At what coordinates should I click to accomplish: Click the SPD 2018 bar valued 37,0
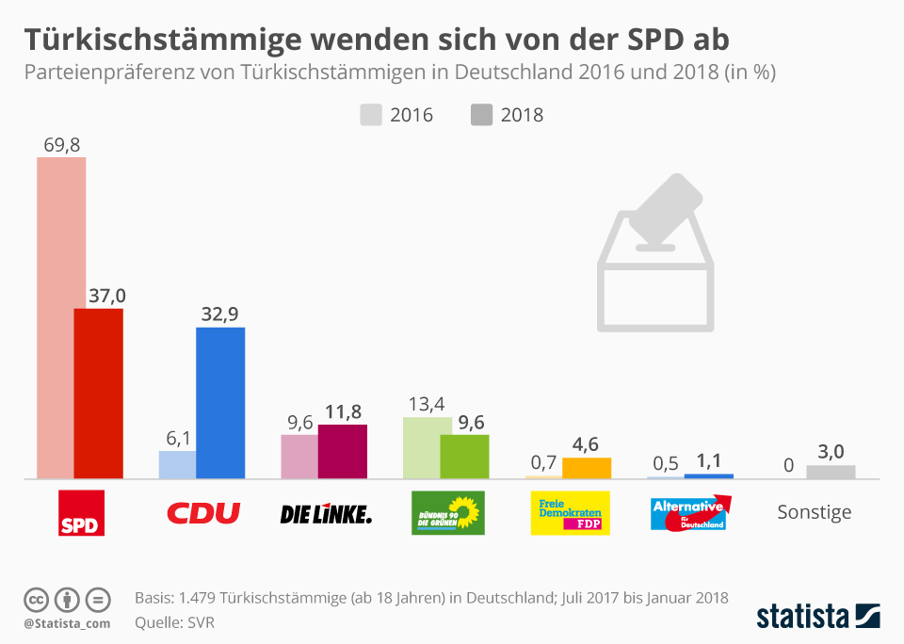(99, 394)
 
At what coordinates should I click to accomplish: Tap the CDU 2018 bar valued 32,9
(220, 403)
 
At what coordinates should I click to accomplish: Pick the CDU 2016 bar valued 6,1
(177, 465)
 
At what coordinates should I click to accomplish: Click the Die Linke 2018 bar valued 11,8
(343, 452)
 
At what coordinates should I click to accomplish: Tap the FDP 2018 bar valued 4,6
(587, 469)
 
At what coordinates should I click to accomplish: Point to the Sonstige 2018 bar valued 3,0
(831, 472)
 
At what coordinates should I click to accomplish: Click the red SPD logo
(82, 512)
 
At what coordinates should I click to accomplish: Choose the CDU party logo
(203, 513)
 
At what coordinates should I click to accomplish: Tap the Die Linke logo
(326, 514)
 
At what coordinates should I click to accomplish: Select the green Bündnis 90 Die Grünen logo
(448, 513)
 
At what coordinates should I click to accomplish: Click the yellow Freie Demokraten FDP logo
(571, 513)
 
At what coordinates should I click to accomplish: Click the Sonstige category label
(815, 512)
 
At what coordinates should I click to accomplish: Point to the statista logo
(818, 617)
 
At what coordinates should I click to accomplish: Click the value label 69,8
(61, 145)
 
